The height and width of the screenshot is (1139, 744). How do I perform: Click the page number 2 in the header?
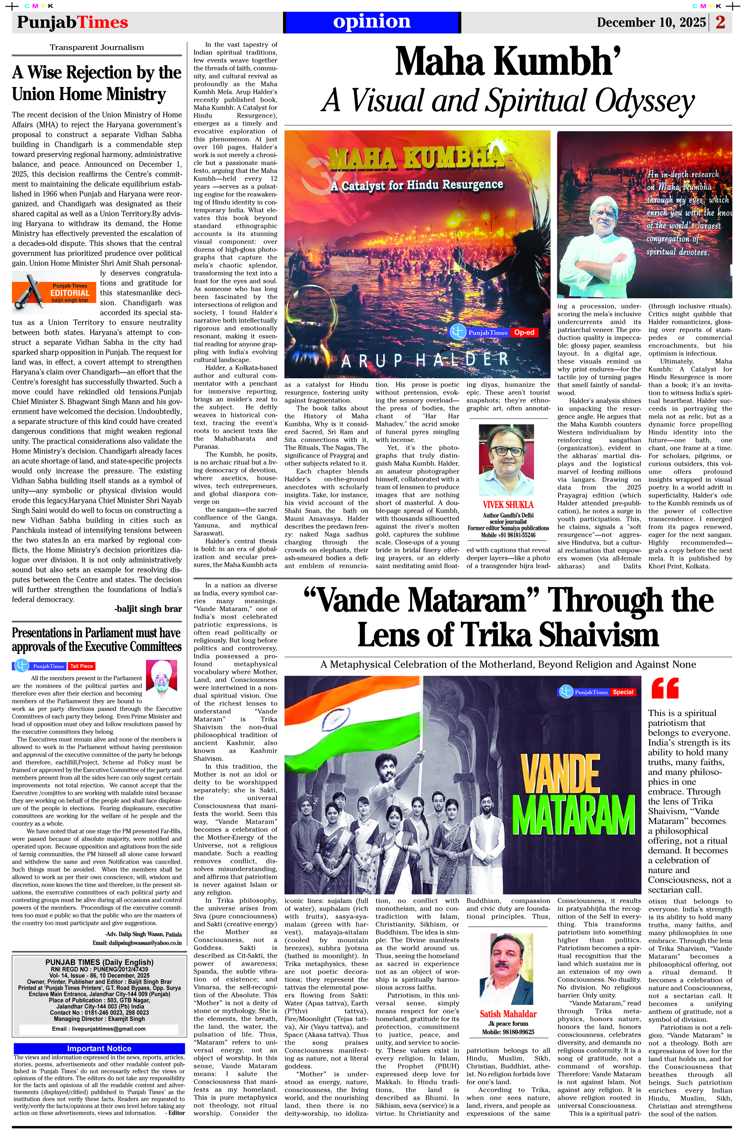click(x=720, y=22)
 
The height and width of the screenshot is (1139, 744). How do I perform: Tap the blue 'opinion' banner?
click(x=372, y=22)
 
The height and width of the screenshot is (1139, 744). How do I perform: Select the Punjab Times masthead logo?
click(x=72, y=22)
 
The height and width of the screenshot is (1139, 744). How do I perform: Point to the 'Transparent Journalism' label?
click(x=97, y=47)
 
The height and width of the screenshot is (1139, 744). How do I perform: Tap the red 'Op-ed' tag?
click(x=524, y=332)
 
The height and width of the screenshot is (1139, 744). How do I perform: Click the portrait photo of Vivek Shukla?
click(x=506, y=460)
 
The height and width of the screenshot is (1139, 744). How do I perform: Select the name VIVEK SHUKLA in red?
click(x=508, y=505)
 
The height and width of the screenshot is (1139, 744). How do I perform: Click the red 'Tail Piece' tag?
click(x=81, y=666)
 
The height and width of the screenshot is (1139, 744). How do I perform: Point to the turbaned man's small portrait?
click(x=161, y=679)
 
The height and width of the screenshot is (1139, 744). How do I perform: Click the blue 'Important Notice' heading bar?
click(x=99, y=1048)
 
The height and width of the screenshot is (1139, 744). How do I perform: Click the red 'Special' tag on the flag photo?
click(x=623, y=692)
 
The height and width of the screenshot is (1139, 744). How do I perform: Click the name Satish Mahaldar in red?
click(x=508, y=1014)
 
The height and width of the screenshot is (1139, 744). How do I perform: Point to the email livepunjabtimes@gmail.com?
click(x=99, y=1028)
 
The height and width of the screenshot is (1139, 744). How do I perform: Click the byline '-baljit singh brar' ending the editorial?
click(x=148, y=609)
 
